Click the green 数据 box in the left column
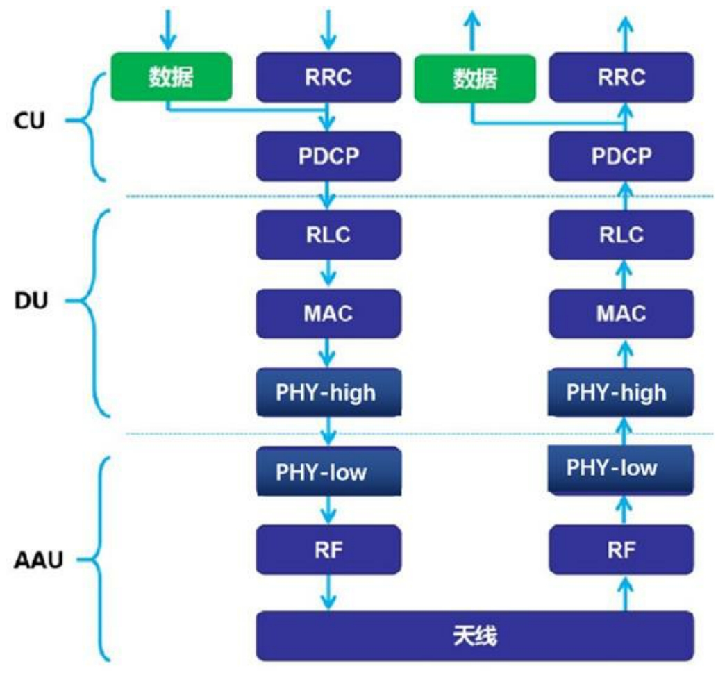(172, 76)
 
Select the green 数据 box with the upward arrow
(475, 78)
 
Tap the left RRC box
(328, 77)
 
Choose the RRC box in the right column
(621, 77)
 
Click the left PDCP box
(328, 156)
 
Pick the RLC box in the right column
(621, 235)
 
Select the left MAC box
(328, 314)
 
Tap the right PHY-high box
(621, 392)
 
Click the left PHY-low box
(328, 472)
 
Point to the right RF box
(621, 550)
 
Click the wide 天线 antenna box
(475, 636)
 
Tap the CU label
(29, 121)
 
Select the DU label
(31, 301)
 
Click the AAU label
(38, 560)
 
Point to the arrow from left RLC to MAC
(328, 274)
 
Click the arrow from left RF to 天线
(328, 592)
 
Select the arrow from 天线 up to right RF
(625, 593)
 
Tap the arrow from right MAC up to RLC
(625, 275)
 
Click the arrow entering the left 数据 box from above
(168, 30)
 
